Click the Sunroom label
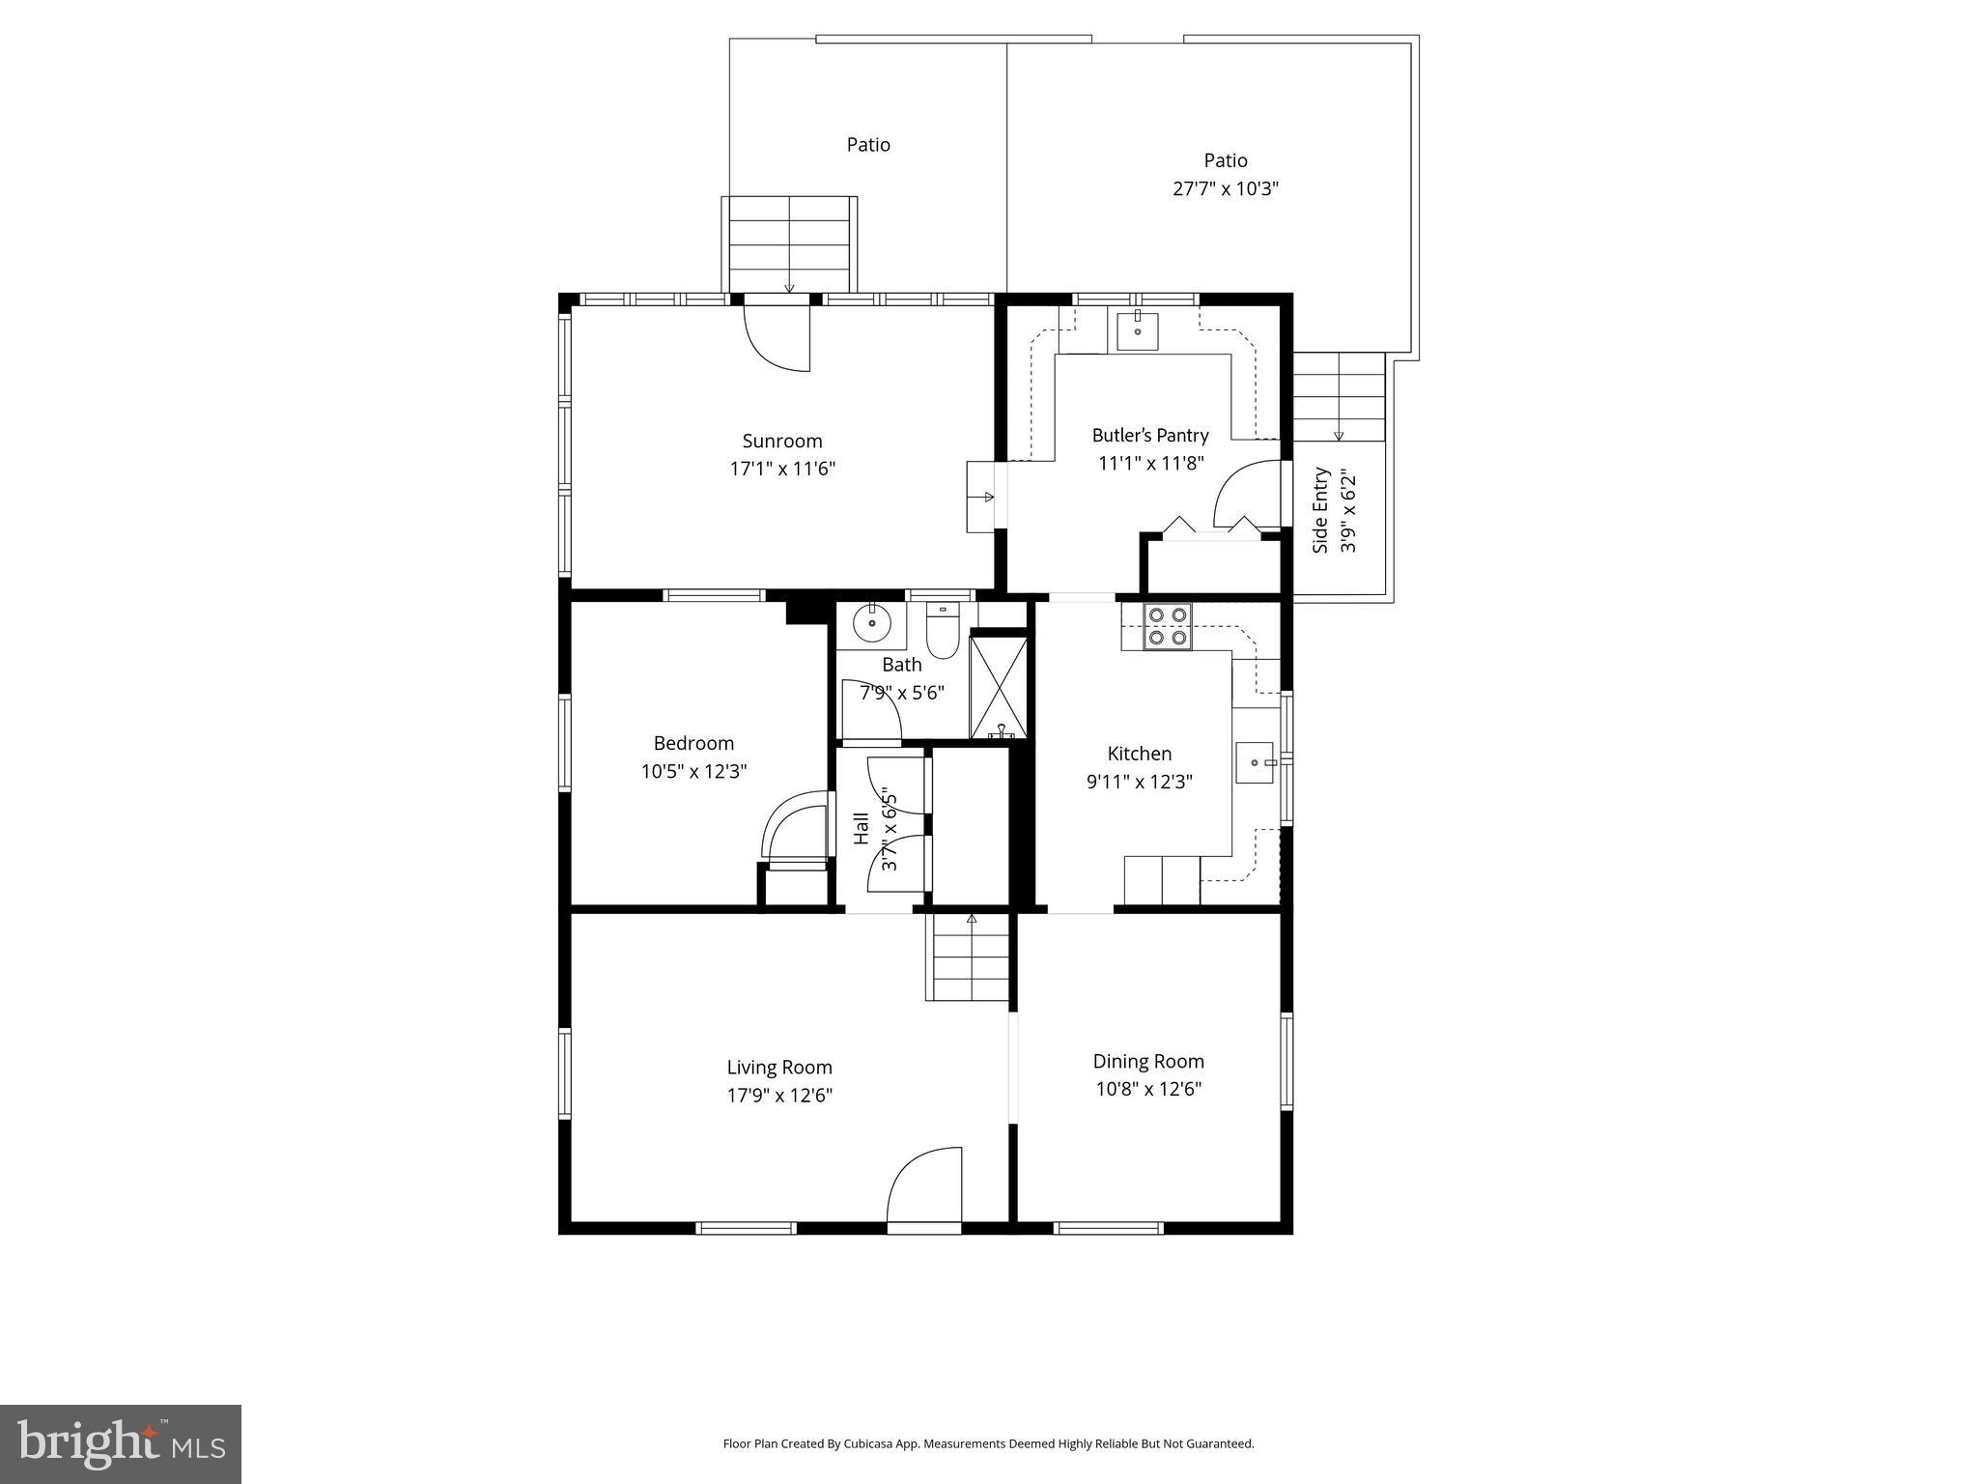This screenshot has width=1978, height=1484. (x=781, y=441)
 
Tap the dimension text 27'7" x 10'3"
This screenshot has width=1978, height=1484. (x=1225, y=188)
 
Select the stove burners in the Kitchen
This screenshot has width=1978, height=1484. (x=1168, y=626)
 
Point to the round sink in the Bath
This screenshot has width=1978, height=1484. (x=871, y=624)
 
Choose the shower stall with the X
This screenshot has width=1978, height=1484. (x=999, y=684)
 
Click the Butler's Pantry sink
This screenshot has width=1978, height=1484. (x=1138, y=329)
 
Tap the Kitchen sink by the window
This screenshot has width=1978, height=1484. (x=1256, y=763)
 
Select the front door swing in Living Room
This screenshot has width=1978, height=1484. (x=924, y=1185)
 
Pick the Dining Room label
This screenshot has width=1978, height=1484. (x=1148, y=1061)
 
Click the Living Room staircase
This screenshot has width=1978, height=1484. (x=970, y=958)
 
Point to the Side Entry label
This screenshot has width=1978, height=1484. (x=1320, y=510)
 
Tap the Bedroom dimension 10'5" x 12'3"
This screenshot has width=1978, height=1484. (x=693, y=772)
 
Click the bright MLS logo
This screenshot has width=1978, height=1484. (x=121, y=1443)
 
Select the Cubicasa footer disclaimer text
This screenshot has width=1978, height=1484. (x=988, y=1444)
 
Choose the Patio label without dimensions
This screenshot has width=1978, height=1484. (x=868, y=145)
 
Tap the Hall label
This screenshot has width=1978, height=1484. (x=861, y=828)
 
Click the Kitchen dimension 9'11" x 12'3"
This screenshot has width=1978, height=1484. (x=1139, y=782)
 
